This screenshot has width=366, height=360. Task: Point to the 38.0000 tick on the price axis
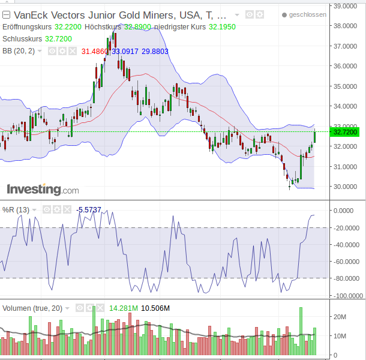pos(346,26)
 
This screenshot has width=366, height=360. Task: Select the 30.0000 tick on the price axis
pos(346,186)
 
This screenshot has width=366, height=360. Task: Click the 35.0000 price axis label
pos(346,86)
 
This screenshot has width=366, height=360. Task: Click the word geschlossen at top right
pos(307,14)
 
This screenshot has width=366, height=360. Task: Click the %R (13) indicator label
pos(16,209)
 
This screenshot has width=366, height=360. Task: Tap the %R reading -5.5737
pos(89,209)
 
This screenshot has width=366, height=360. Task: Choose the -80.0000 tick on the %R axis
pos(347,278)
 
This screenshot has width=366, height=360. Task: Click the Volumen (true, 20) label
pos(32,308)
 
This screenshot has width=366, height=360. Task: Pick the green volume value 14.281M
pos(124,308)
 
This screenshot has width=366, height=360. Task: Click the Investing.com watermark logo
pos(43,190)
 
